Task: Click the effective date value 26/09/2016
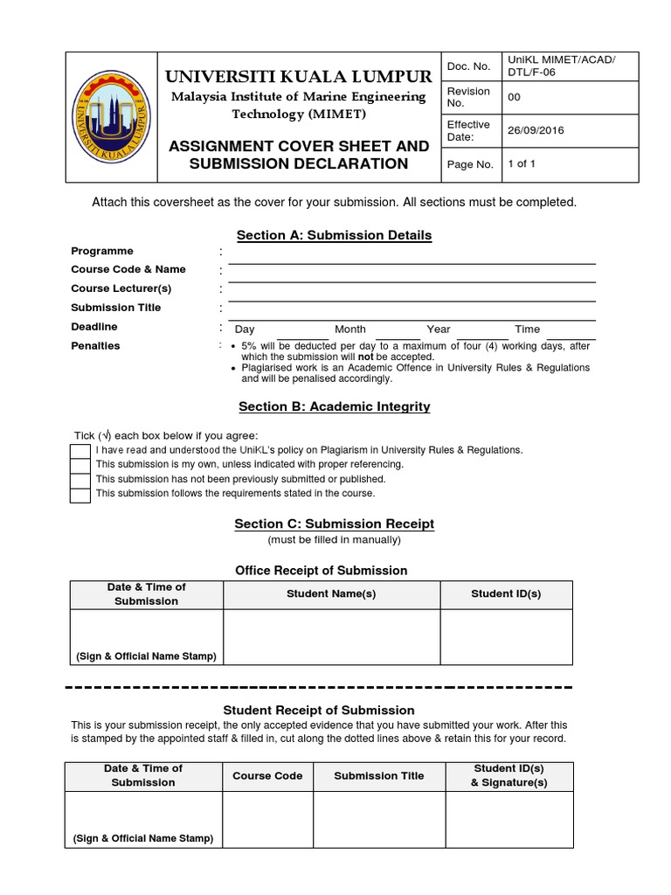pos(536,130)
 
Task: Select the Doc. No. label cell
pos(470,66)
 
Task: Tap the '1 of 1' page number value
pos(522,163)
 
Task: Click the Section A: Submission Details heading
pos(335,235)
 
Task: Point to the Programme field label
pos(102,251)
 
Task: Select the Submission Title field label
pos(116,308)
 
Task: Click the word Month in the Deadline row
pos(350,330)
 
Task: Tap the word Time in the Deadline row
pos(527,330)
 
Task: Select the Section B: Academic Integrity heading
pos(335,406)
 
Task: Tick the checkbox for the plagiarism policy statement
pos(80,451)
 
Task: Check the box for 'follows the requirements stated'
pos(80,495)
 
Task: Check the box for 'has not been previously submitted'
pos(80,480)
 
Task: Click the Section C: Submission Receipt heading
pos(335,524)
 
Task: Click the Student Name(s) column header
pos(331,594)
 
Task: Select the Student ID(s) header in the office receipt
pos(506,594)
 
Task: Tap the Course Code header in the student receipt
pos(267,776)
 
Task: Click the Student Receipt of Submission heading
pos(319,710)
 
